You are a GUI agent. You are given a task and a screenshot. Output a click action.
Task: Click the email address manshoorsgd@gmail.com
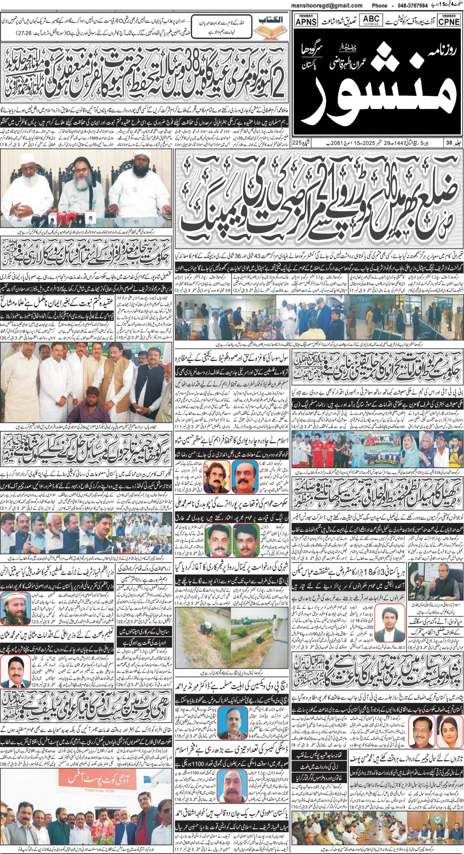click(327, 5)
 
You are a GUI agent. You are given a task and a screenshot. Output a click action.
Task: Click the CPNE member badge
click(449, 20)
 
